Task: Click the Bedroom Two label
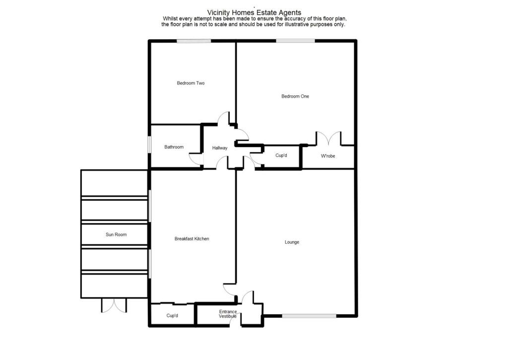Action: [190, 83]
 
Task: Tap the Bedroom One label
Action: [295, 96]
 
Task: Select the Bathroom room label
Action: [174, 147]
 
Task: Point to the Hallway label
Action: [220, 148]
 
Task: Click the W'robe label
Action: [328, 156]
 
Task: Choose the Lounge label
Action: [292, 242]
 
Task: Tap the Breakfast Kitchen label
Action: [192, 239]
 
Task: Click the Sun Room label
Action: [116, 234]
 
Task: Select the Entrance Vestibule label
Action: [228, 314]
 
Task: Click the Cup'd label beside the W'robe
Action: [281, 155]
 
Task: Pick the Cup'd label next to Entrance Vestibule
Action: [172, 316]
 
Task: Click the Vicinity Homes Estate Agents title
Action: [254, 12]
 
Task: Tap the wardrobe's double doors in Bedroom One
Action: [328, 138]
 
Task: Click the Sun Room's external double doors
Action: [114, 305]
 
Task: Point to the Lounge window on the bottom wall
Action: [309, 316]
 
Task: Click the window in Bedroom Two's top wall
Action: [194, 41]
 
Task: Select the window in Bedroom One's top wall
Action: [296, 41]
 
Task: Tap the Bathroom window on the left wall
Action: [149, 144]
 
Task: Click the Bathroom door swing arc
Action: [194, 159]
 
